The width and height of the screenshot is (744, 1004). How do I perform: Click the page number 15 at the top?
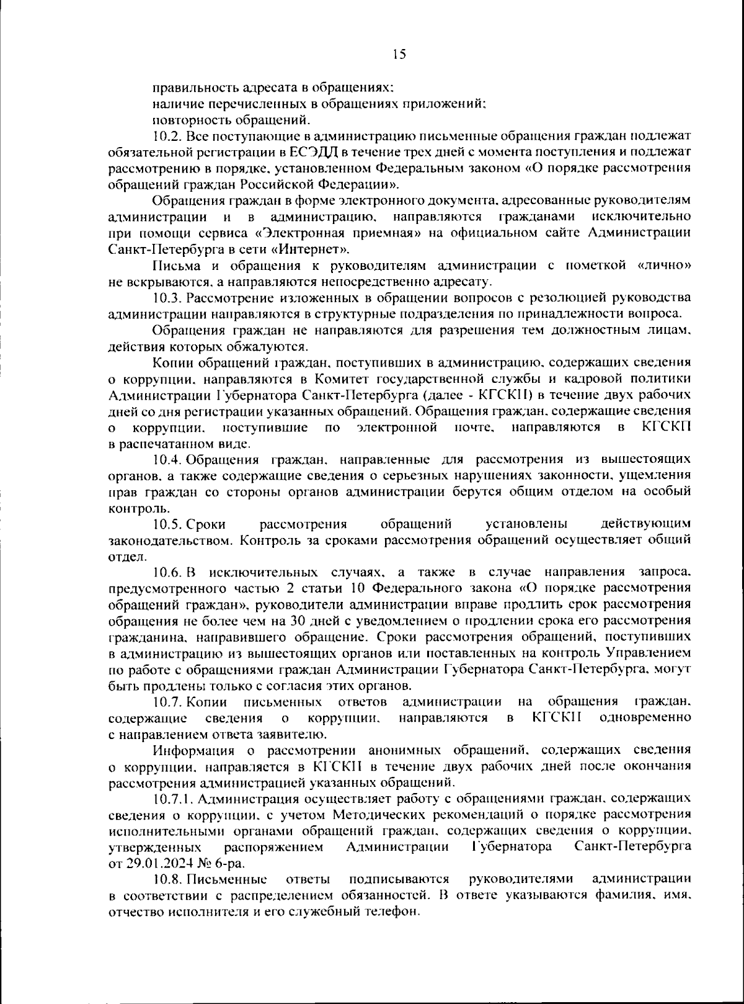(399, 55)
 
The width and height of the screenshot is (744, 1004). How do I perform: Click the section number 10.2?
(166, 136)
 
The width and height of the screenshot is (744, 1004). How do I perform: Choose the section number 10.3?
(166, 298)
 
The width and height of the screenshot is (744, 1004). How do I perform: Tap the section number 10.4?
(166, 460)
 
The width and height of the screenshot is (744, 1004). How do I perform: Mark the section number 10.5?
(166, 524)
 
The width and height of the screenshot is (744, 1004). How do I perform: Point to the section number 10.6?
(166, 573)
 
